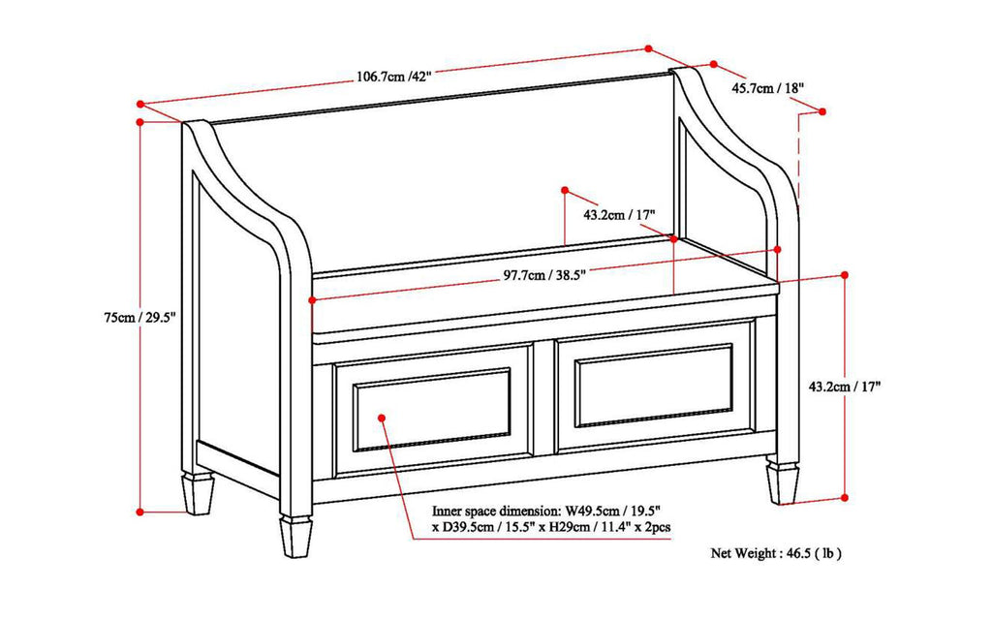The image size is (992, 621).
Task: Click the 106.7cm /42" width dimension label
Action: pyautogui.click(x=390, y=78)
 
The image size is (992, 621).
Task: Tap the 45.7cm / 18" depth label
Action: pyautogui.click(x=767, y=88)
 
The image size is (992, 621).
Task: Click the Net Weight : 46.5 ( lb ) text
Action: pyautogui.click(x=775, y=553)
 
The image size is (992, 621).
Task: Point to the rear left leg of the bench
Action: pyautogui.click(x=199, y=492)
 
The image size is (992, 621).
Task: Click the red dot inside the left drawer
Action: pyautogui.click(x=382, y=418)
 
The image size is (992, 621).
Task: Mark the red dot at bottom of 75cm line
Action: pyautogui.click(x=141, y=511)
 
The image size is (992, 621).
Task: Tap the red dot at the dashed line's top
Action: pyautogui.click(x=823, y=111)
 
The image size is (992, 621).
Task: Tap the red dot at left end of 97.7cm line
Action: pyautogui.click(x=312, y=300)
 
